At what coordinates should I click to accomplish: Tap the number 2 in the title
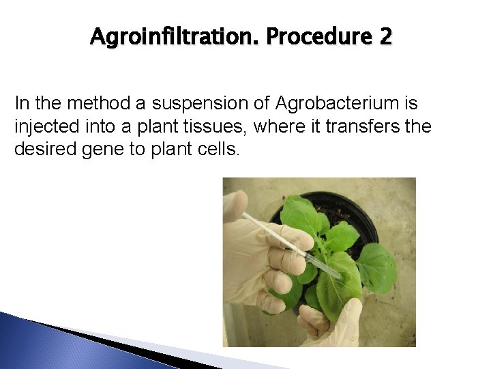click(x=385, y=36)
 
